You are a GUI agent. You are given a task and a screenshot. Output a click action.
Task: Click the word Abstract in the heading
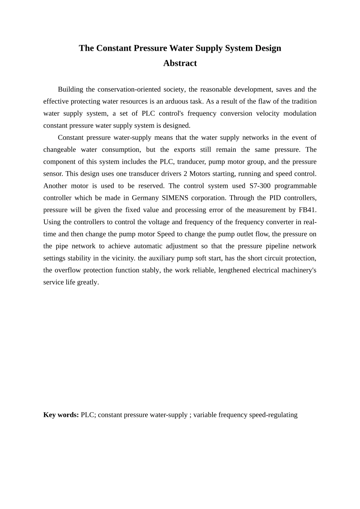tap(180, 63)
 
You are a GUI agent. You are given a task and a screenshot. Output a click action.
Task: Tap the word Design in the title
tap(268, 48)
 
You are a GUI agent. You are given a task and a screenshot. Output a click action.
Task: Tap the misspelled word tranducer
tap(190, 162)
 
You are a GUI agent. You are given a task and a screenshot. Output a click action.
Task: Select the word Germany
tap(145, 198)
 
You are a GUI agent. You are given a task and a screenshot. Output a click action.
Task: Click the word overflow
tap(67, 270)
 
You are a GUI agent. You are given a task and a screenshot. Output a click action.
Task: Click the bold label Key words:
tap(61, 415)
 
